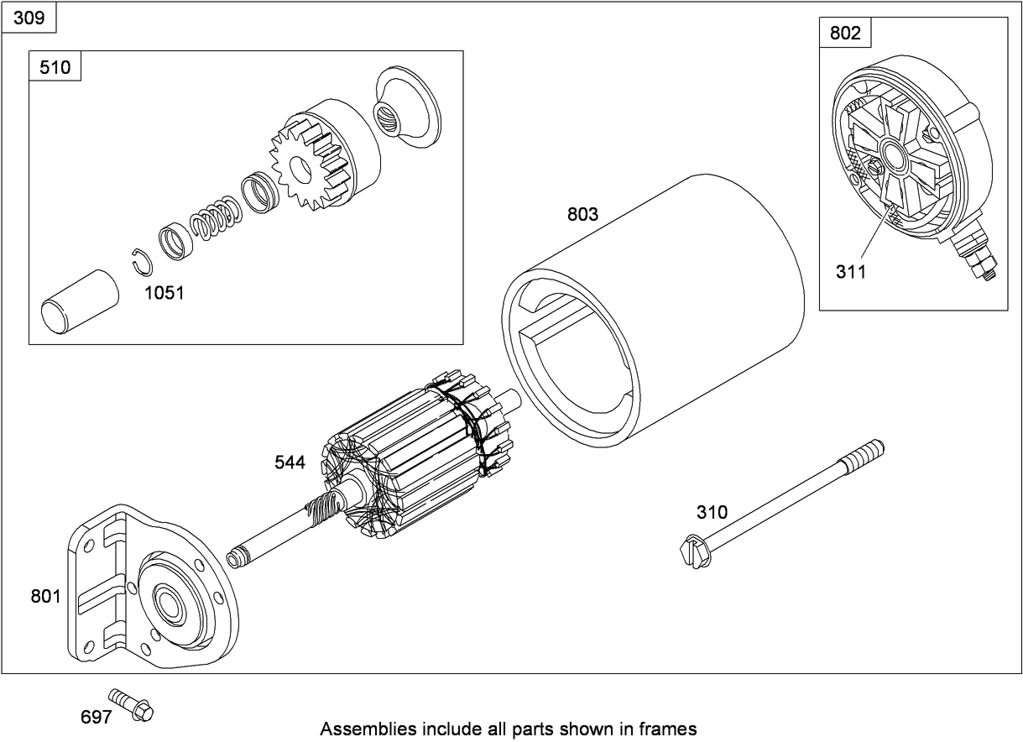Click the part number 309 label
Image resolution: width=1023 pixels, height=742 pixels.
coord(29,17)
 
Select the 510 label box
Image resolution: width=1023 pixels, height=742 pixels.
coord(55,66)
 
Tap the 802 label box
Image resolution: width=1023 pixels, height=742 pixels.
coord(844,33)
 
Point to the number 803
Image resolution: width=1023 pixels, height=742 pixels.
coord(582,214)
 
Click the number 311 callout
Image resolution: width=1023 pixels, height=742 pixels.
coord(850,271)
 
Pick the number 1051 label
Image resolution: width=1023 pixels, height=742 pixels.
coord(164,293)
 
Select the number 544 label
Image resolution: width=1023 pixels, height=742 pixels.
coord(290,462)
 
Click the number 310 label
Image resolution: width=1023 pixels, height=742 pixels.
coord(712,512)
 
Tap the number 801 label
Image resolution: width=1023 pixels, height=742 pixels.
coord(45,596)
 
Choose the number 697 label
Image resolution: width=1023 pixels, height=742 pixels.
coord(95,718)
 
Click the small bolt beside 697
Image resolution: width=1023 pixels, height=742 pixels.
coord(132,705)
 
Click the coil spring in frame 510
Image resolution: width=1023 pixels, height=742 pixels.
coord(216,219)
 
